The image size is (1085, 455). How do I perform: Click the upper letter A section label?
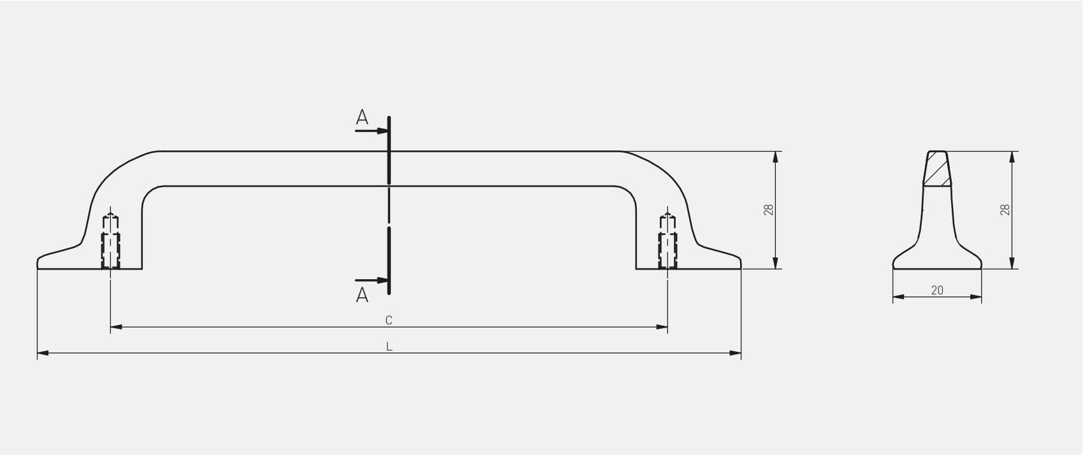coord(362,117)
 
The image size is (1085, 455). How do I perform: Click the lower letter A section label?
coord(362,295)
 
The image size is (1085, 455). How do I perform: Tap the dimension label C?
coord(388,320)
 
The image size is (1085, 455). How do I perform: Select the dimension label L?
coord(389,347)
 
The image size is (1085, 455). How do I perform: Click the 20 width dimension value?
coord(937,290)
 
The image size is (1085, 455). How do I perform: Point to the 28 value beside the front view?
coord(769,210)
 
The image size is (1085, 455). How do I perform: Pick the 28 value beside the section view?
coord(1005,210)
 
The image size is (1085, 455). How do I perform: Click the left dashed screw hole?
coord(110,241)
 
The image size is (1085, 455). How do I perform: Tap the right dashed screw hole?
coord(667,241)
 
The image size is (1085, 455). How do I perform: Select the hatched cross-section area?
coord(937,168)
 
